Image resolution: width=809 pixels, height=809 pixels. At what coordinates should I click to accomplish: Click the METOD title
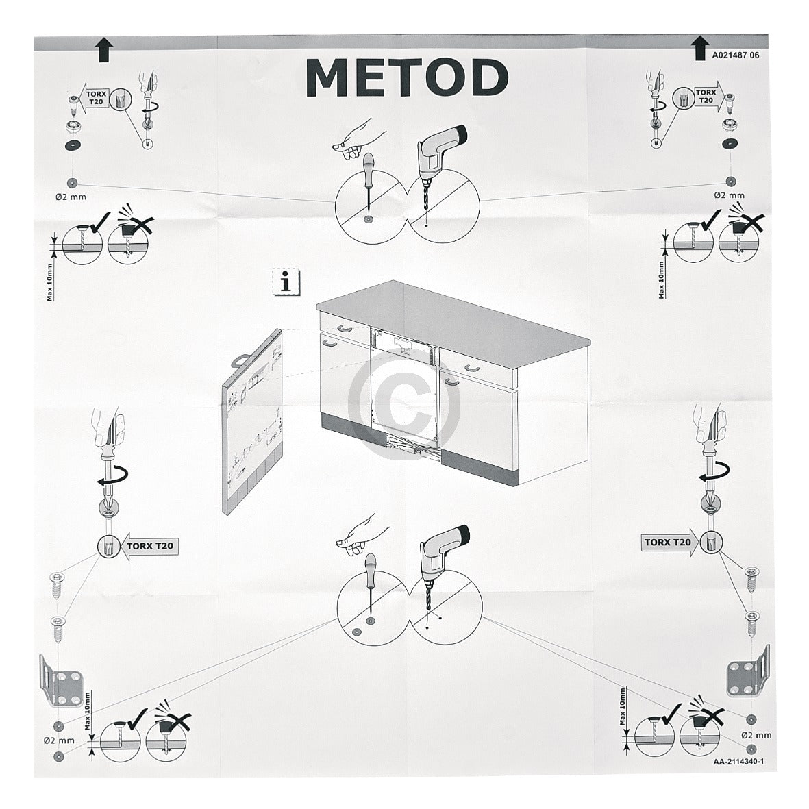407,77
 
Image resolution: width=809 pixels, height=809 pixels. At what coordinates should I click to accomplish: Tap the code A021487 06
736,55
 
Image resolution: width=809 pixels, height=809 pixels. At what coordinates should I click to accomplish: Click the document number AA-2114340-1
738,762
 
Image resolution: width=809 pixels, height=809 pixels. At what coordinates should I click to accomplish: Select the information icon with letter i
286,282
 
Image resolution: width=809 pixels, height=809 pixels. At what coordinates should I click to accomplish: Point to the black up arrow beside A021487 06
699,48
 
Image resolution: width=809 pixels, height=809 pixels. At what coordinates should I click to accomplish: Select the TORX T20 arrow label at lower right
670,543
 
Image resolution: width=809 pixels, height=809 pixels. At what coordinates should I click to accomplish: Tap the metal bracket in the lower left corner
61,682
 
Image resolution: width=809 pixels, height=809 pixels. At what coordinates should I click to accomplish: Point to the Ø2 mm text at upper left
71,197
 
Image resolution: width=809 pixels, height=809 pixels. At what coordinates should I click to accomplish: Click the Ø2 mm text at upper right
729,195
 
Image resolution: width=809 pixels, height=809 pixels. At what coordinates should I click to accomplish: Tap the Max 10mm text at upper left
50,282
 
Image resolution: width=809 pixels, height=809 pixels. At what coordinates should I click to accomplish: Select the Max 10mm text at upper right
661,280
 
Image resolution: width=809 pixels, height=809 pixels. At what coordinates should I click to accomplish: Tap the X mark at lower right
710,719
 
